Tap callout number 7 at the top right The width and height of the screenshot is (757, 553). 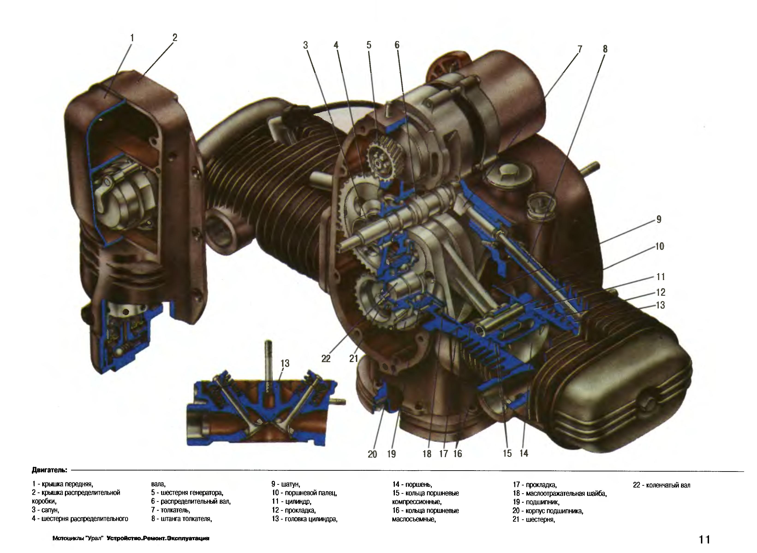(579, 49)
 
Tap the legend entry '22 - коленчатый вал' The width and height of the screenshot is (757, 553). (661, 485)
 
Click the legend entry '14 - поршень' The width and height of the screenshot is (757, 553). (412, 484)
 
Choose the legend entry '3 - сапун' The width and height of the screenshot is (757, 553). (46, 510)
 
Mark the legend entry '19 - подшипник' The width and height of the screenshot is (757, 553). (536, 502)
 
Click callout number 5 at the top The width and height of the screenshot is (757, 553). (369, 45)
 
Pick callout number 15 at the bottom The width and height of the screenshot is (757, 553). (507, 454)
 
